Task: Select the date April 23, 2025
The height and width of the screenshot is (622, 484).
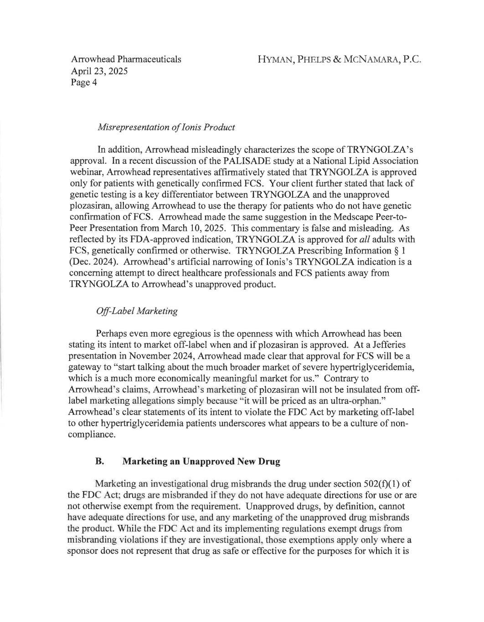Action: coord(99,71)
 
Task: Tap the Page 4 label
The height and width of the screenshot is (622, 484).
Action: coord(83,82)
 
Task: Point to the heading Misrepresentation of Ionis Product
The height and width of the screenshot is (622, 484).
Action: coord(166,127)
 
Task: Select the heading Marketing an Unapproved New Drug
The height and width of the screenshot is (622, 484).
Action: coord(201,461)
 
